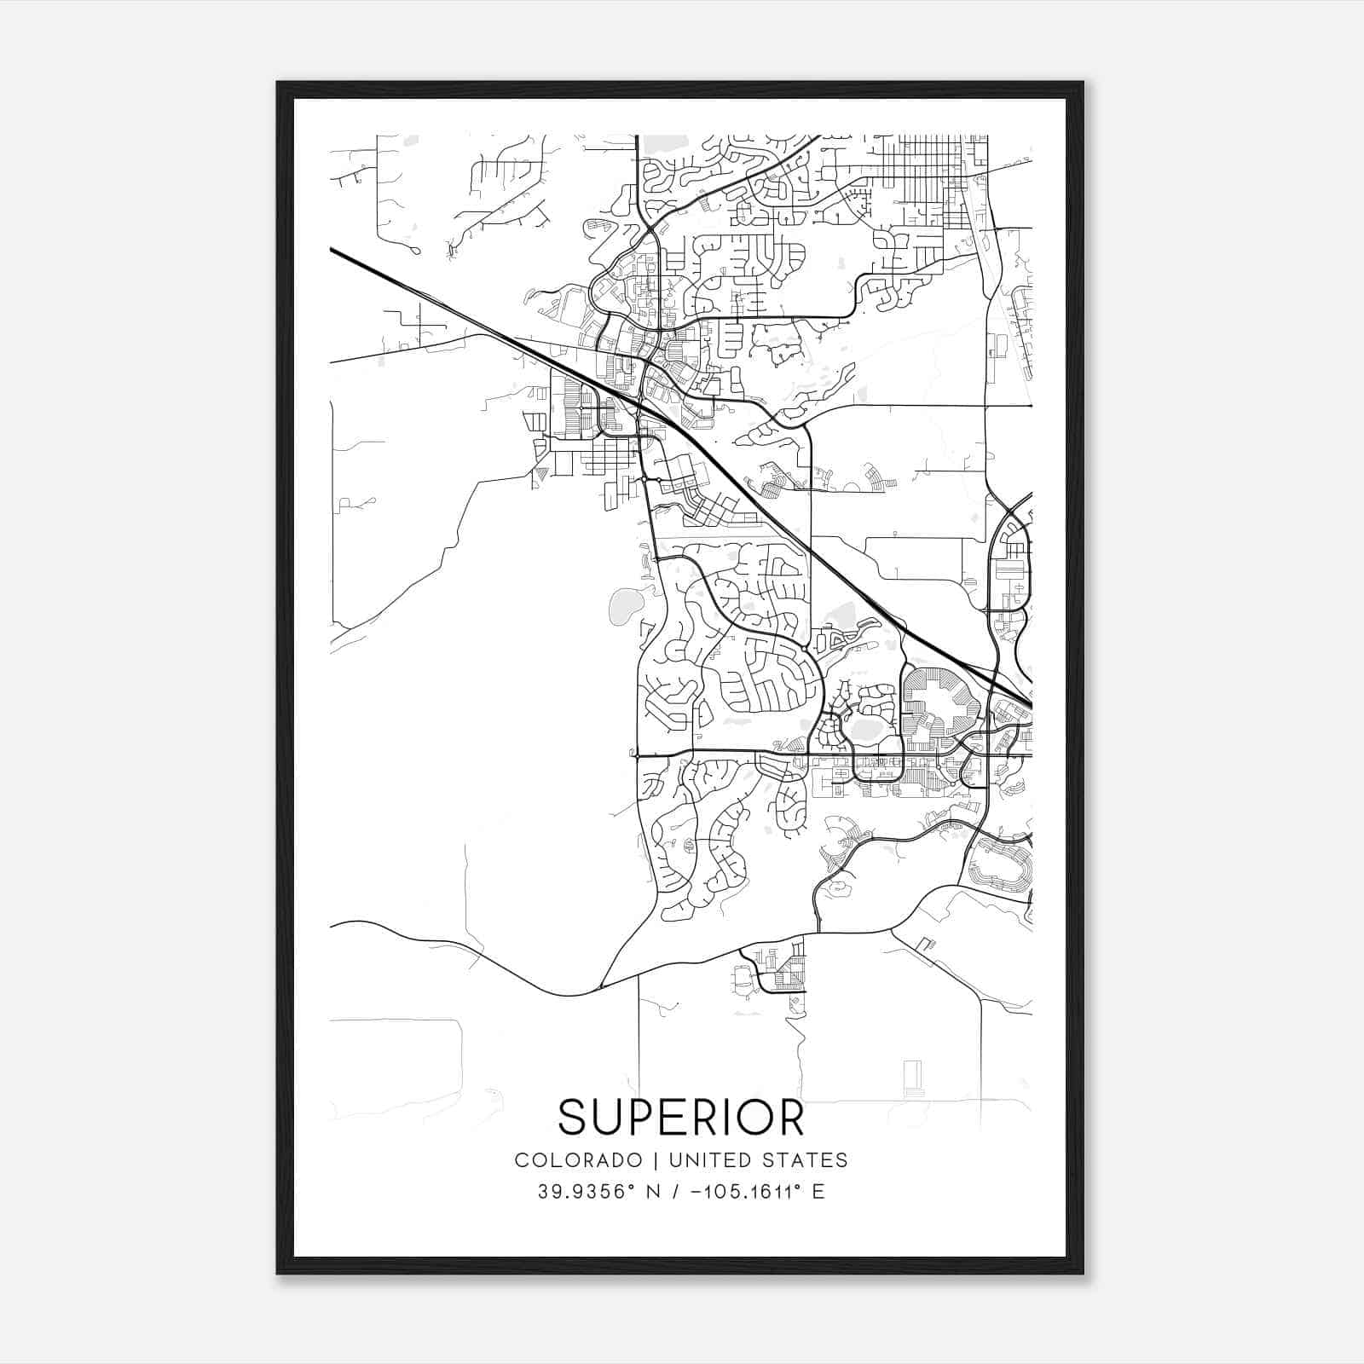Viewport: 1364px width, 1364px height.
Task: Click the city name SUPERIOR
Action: (681, 1117)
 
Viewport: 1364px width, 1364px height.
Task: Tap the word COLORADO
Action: (578, 1160)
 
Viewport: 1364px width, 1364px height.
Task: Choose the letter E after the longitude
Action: (818, 1192)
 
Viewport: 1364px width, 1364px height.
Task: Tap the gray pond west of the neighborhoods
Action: (626, 605)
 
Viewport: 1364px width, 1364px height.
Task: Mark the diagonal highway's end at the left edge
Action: (332, 251)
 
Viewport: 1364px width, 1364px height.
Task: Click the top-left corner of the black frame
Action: (279, 84)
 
